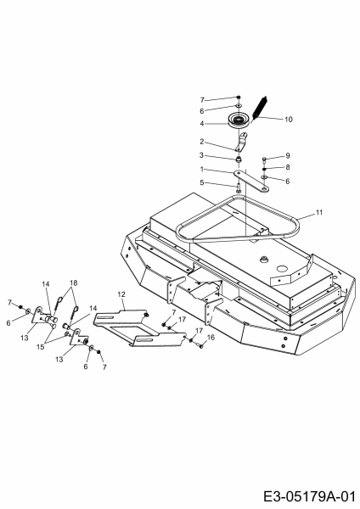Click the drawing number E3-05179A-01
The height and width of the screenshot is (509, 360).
coord(309,496)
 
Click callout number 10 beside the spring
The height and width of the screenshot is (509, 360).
coord(289,120)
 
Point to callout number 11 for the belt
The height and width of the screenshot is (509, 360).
coord(319,212)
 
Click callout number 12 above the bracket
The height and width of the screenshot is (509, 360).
coord(121,294)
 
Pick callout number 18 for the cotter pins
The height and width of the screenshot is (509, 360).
coord(74,282)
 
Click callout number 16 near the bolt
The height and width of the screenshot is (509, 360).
coord(211,338)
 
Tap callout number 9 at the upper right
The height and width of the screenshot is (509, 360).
coord(288,156)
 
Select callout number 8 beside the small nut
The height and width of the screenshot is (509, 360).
coord(288,167)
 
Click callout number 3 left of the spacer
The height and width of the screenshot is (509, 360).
coord(201,155)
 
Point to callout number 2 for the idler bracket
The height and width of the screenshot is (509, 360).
coord(202,142)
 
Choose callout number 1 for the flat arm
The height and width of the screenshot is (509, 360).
coord(202,169)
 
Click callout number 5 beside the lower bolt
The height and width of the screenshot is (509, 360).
coord(202,182)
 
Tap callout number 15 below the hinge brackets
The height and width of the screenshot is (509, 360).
coord(40,347)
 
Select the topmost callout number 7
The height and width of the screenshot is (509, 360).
coord(202,100)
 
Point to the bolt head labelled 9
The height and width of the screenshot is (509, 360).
coord(264,159)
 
